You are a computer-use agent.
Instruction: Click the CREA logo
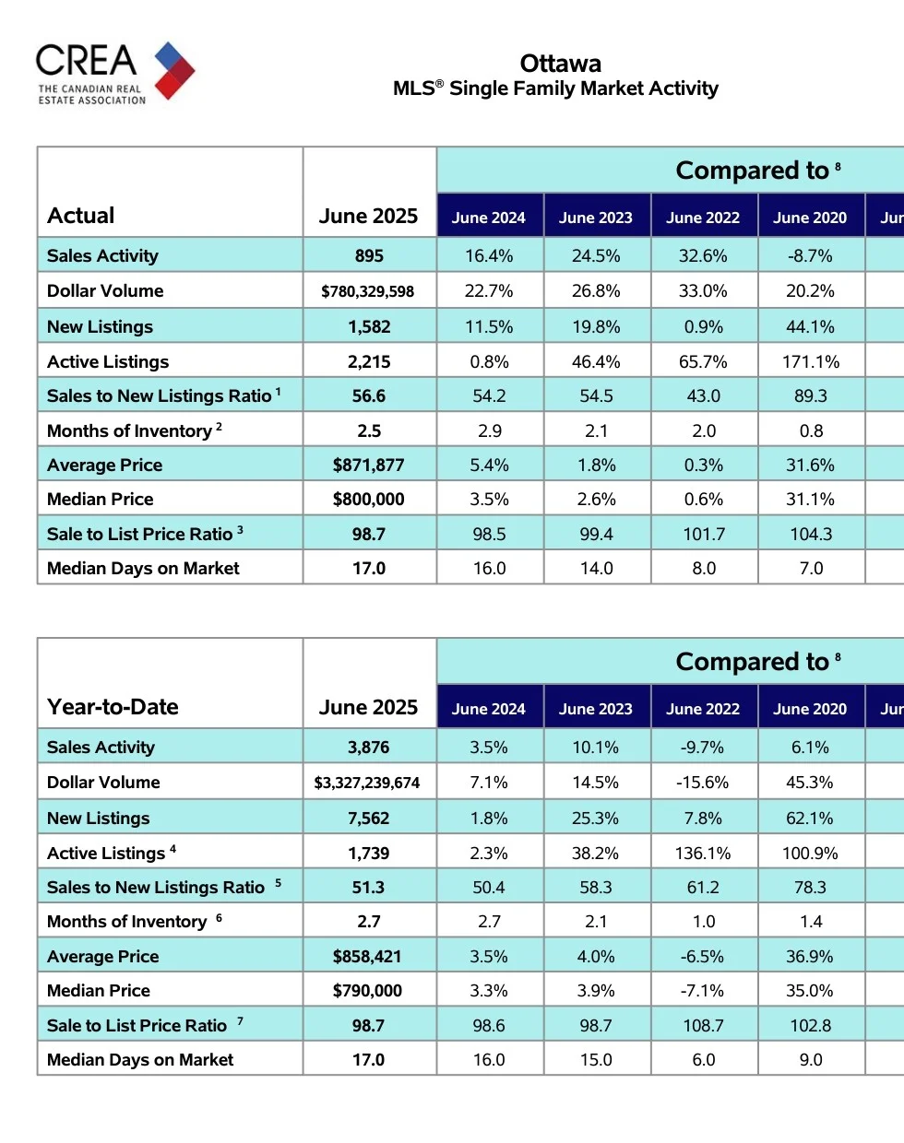pos(114,73)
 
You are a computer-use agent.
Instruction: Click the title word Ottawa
pos(560,64)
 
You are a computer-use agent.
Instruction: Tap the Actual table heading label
pos(81,216)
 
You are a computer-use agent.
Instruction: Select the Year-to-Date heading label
pos(113,707)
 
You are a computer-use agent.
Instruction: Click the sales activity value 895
pos(369,256)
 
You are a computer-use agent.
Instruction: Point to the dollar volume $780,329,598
pos(368,291)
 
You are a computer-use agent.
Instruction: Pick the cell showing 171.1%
pos(811,361)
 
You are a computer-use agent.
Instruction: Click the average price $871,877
pos(369,465)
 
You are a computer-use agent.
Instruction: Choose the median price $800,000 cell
pos(369,500)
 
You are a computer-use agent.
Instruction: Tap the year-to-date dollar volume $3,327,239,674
pos(367,783)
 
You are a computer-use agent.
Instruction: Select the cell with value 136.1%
pos(703,854)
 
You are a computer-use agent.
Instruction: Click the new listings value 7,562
pos(369,819)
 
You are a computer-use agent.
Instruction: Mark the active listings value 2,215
pos(369,362)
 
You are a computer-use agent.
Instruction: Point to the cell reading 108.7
pos(703,1026)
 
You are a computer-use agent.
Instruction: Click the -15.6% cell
pos(703,783)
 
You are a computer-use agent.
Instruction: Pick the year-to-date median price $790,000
pos(367,991)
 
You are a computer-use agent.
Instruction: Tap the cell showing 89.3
pos(811,396)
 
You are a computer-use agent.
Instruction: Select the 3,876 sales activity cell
pos(369,748)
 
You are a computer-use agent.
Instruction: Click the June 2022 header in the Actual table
pos(703,218)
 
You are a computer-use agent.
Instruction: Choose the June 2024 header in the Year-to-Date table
pos(489,710)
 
